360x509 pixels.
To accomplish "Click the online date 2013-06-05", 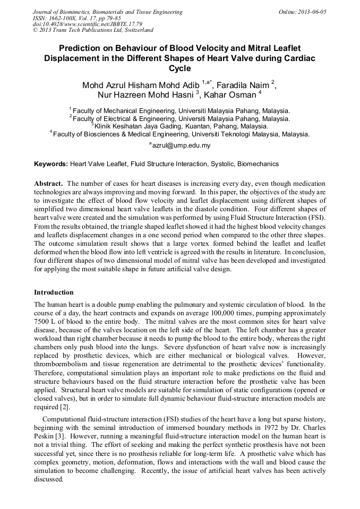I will click(x=310, y=11).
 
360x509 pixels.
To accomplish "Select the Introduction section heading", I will click(x=54, y=292).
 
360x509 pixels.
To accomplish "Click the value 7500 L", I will click(x=46, y=322).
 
